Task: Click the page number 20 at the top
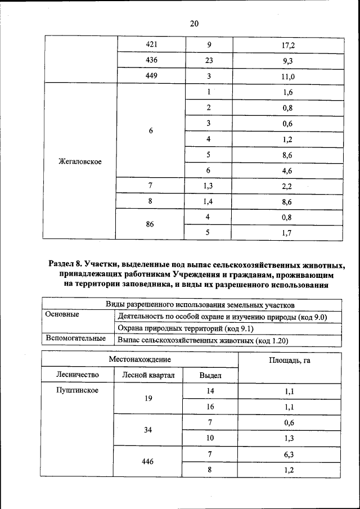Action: tap(194, 24)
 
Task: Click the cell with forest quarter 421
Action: tap(151, 44)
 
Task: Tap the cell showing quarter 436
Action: tap(151, 60)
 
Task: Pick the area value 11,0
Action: tap(288, 76)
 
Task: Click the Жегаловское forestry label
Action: tap(80, 162)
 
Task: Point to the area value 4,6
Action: tap(288, 170)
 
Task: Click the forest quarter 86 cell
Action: tap(150, 224)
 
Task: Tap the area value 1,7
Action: tap(288, 232)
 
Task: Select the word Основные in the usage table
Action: tap(62, 314)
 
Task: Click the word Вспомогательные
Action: tap(76, 339)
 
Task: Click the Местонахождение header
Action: tap(140, 359)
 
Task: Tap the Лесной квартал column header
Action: tap(148, 375)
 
